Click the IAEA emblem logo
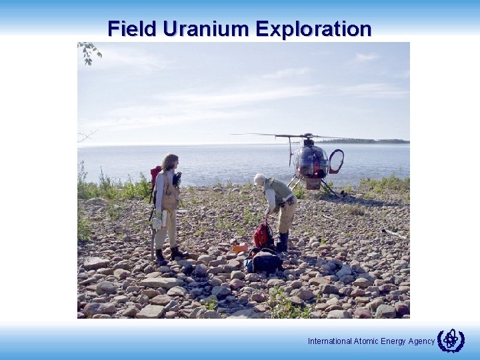point(451,341)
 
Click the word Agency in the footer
point(421,341)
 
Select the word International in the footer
point(329,341)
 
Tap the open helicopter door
point(337,161)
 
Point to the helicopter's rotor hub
point(306,136)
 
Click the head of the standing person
point(170,162)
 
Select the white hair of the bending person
point(259,179)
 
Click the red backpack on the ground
point(262,235)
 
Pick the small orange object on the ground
point(239,247)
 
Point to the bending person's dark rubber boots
point(283,242)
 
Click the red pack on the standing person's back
point(155,177)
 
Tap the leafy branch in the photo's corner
point(89,51)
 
